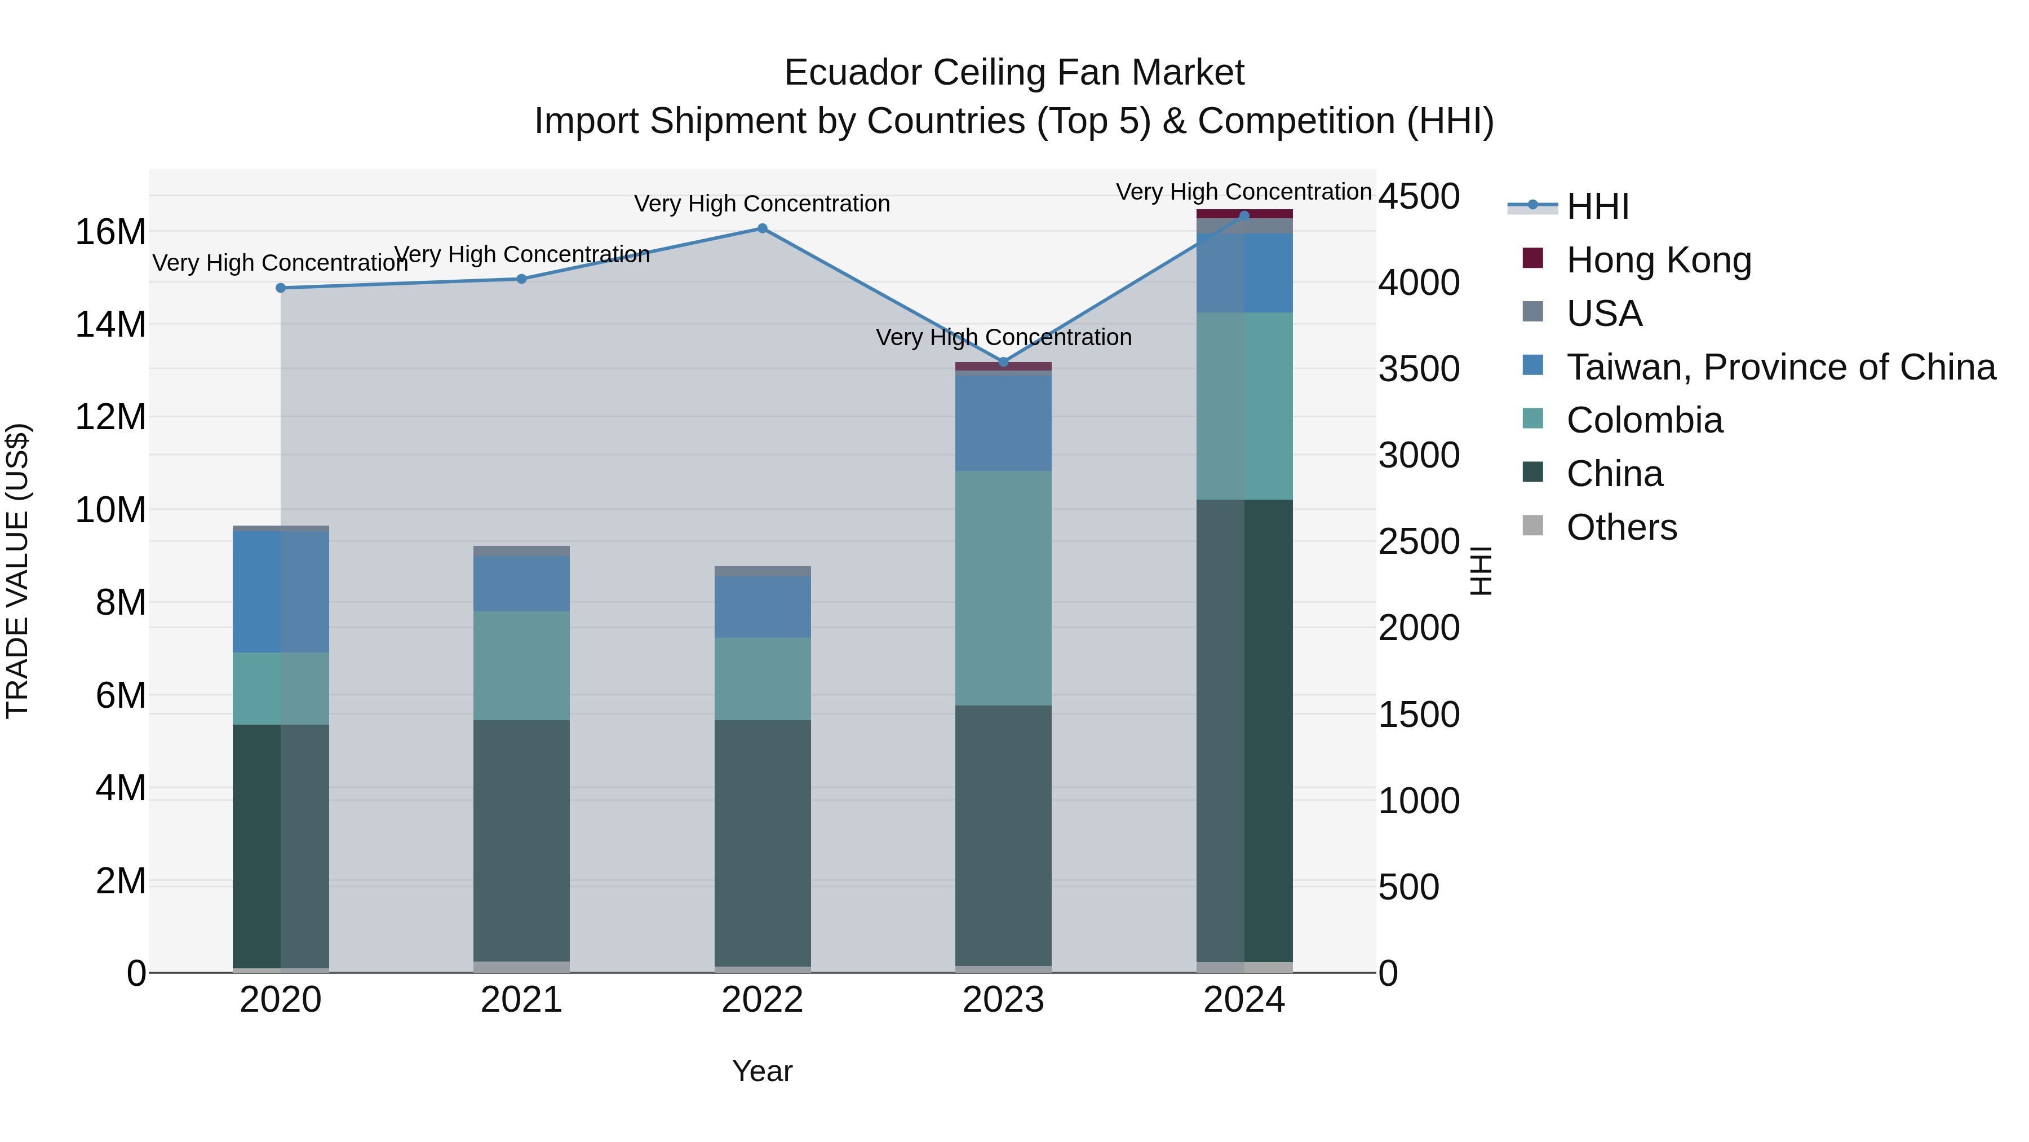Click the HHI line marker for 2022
click(761, 228)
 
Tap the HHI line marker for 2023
click(1003, 361)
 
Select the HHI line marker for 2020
click(281, 288)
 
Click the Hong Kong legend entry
click(1658, 260)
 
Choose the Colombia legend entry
click(1644, 420)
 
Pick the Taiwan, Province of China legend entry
click(1780, 367)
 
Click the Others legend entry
click(1621, 527)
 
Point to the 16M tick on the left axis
click(110, 232)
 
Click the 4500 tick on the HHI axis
click(1419, 196)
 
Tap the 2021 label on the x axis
click(521, 1000)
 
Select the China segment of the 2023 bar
click(1003, 835)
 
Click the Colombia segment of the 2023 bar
click(1003, 588)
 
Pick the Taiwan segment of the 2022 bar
click(761, 607)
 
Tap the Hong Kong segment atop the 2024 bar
click(1244, 214)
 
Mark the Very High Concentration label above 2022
click(761, 204)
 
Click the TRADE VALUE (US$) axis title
click(17, 571)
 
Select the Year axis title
click(761, 1071)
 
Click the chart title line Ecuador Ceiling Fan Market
click(1014, 73)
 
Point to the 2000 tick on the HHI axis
click(1419, 628)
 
